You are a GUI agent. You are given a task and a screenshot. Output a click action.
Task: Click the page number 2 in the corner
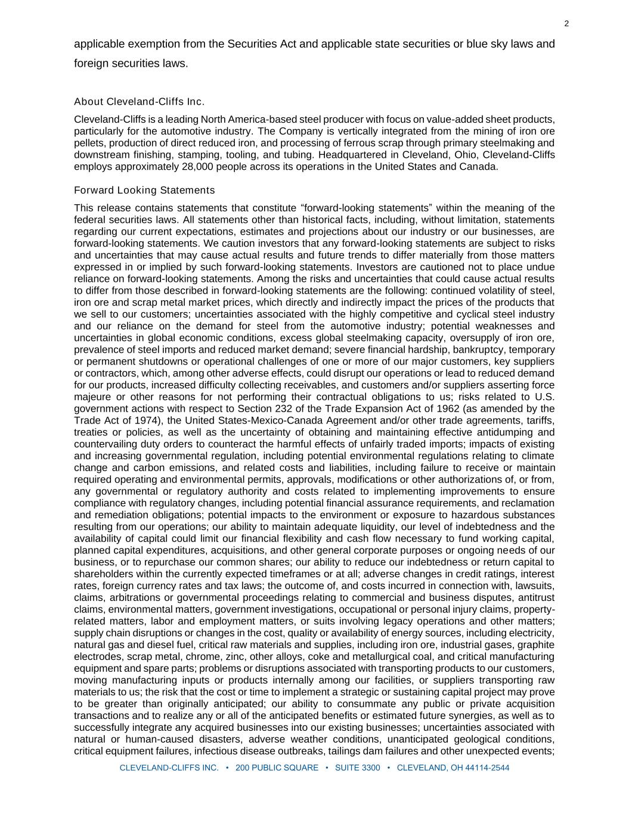[x=566, y=24]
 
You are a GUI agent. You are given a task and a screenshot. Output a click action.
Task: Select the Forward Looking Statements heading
[x=144, y=190]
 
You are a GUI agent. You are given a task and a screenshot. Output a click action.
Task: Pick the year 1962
[x=418, y=409]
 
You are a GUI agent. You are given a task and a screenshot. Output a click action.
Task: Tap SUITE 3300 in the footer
[x=357, y=768]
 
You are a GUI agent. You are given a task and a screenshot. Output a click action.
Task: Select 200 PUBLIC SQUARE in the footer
[x=277, y=768]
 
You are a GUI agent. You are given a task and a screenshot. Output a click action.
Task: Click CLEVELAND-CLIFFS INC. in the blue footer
[x=169, y=768]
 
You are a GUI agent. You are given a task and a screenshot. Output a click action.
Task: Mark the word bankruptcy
[x=479, y=350]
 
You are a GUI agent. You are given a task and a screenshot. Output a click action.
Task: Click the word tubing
[x=295, y=155]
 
